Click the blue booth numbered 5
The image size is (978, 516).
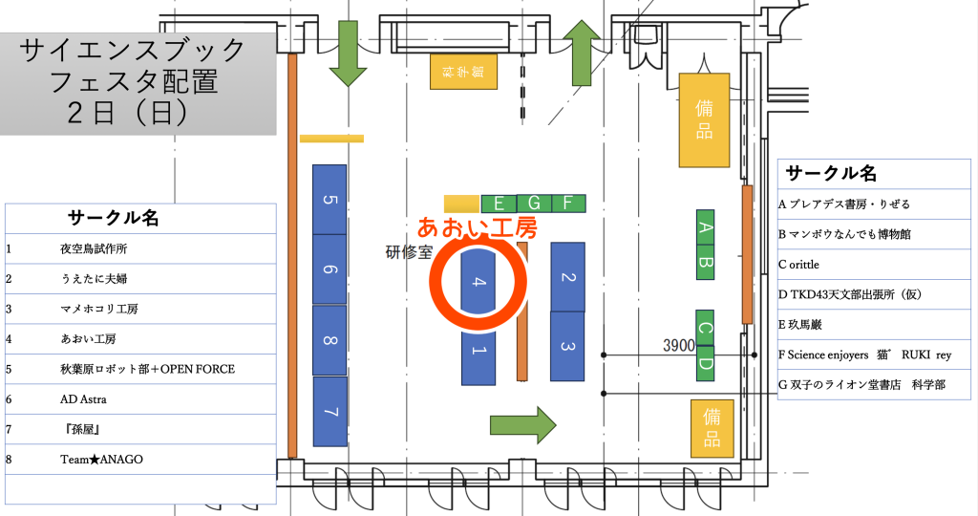(x=330, y=200)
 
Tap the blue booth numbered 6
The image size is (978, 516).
(x=330, y=269)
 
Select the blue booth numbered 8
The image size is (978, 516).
(x=330, y=340)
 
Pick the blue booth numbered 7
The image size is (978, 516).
(x=330, y=412)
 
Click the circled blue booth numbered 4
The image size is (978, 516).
(x=478, y=283)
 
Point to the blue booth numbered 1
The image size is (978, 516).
(x=478, y=352)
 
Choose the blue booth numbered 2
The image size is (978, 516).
(x=567, y=277)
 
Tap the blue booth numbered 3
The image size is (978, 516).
(x=567, y=346)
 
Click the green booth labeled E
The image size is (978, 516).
(x=499, y=203)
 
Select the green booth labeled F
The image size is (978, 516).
(x=568, y=203)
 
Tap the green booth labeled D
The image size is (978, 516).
(x=706, y=364)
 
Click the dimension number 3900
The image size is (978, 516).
(x=679, y=346)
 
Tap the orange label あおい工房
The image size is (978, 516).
(x=477, y=227)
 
